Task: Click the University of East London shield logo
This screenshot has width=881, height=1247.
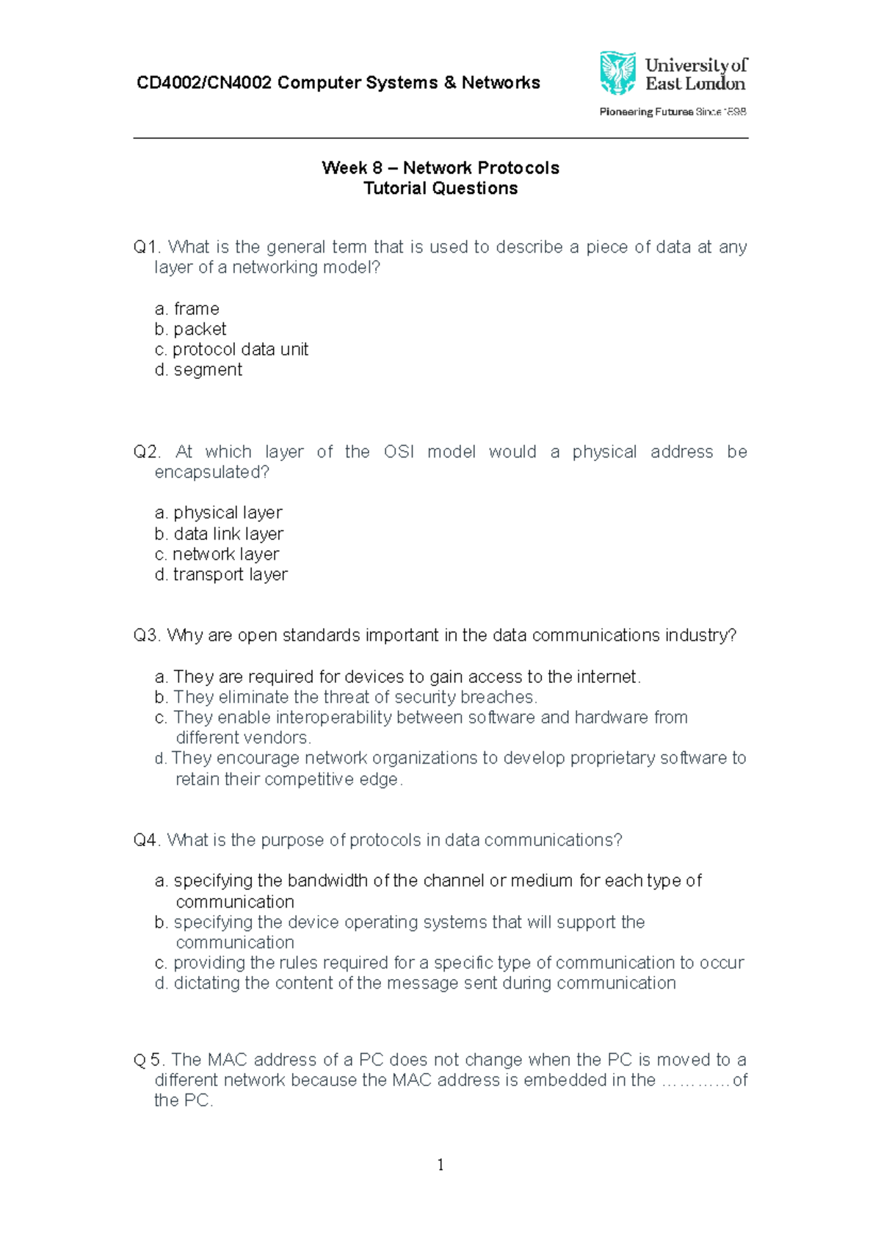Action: [617, 73]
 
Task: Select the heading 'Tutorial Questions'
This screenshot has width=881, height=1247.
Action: [440, 189]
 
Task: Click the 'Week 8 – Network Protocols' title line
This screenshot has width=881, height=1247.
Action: [440, 168]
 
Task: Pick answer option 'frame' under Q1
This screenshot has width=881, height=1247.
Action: [196, 308]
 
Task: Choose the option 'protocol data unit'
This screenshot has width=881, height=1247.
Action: [240, 350]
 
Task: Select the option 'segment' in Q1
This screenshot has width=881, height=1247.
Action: [208, 370]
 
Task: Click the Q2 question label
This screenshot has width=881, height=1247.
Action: [146, 452]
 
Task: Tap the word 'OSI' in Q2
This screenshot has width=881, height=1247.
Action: [399, 452]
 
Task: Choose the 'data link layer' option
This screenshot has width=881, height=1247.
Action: [228, 534]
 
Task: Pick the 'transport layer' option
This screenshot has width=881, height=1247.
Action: [230, 575]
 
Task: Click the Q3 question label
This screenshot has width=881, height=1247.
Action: [146, 635]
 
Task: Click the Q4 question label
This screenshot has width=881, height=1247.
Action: [146, 840]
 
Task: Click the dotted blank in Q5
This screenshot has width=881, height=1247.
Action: [695, 1081]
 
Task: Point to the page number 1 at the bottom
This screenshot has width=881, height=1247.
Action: [440, 1165]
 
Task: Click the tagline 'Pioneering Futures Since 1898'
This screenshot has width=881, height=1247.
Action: [672, 112]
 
